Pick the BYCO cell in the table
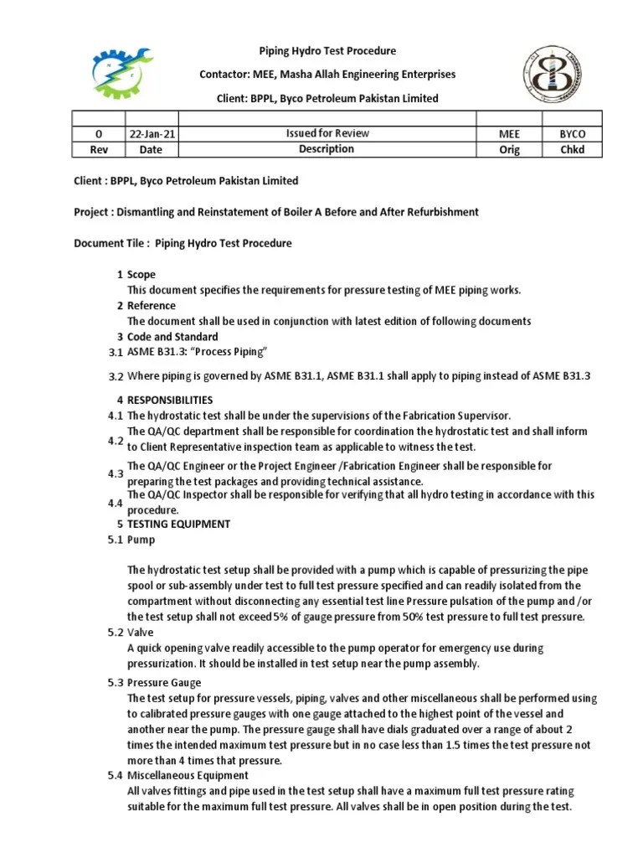tap(573, 134)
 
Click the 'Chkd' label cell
tap(573, 150)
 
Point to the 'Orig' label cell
tap(509, 150)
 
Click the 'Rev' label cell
tap(100, 150)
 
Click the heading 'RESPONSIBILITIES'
tap(170, 400)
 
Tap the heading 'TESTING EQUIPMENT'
tap(178, 524)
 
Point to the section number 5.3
tap(116, 683)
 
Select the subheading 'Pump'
tap(141, 540)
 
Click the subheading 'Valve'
tap(141, 633)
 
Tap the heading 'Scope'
tap(141, 275)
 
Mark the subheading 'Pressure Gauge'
tap(164, 683)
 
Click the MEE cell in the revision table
tap(509, 134)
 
